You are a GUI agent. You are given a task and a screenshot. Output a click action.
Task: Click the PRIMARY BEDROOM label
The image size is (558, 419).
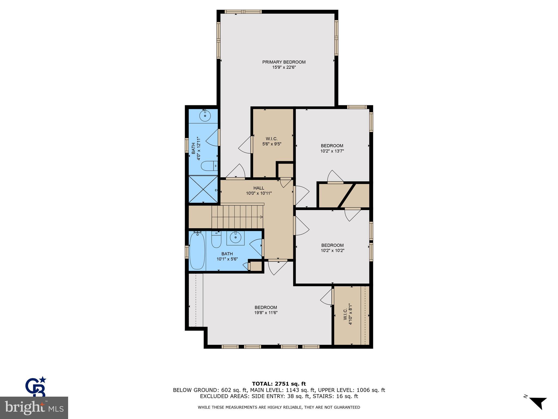click(284, 62)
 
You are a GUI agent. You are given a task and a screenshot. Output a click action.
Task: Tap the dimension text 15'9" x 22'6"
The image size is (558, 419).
click(284, 67)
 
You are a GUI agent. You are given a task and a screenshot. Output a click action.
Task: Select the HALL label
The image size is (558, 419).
click(259, 188)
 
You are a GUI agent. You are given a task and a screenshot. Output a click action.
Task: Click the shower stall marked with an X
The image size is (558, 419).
click(203, 189)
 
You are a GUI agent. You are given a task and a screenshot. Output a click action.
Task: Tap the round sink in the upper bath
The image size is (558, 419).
click(205, 116)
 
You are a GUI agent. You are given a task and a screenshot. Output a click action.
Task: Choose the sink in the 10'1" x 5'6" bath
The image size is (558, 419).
click(235, 237)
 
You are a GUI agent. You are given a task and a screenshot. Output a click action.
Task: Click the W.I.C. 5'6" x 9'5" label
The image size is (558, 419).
click(272, 141)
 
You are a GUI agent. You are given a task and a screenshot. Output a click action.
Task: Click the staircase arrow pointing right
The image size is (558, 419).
click(261, 217)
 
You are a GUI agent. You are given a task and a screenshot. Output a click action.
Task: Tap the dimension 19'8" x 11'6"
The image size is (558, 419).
click(266, 313)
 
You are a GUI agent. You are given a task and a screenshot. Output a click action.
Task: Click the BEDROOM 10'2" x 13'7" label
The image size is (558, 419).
click(332, 148)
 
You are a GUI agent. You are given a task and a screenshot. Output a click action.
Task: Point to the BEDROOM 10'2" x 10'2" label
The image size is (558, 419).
click(332, 248)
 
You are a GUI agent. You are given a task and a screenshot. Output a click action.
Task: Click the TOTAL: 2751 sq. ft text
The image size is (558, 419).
click(279, 384)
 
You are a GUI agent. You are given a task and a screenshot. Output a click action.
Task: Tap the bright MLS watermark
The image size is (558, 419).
click(34, 408)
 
